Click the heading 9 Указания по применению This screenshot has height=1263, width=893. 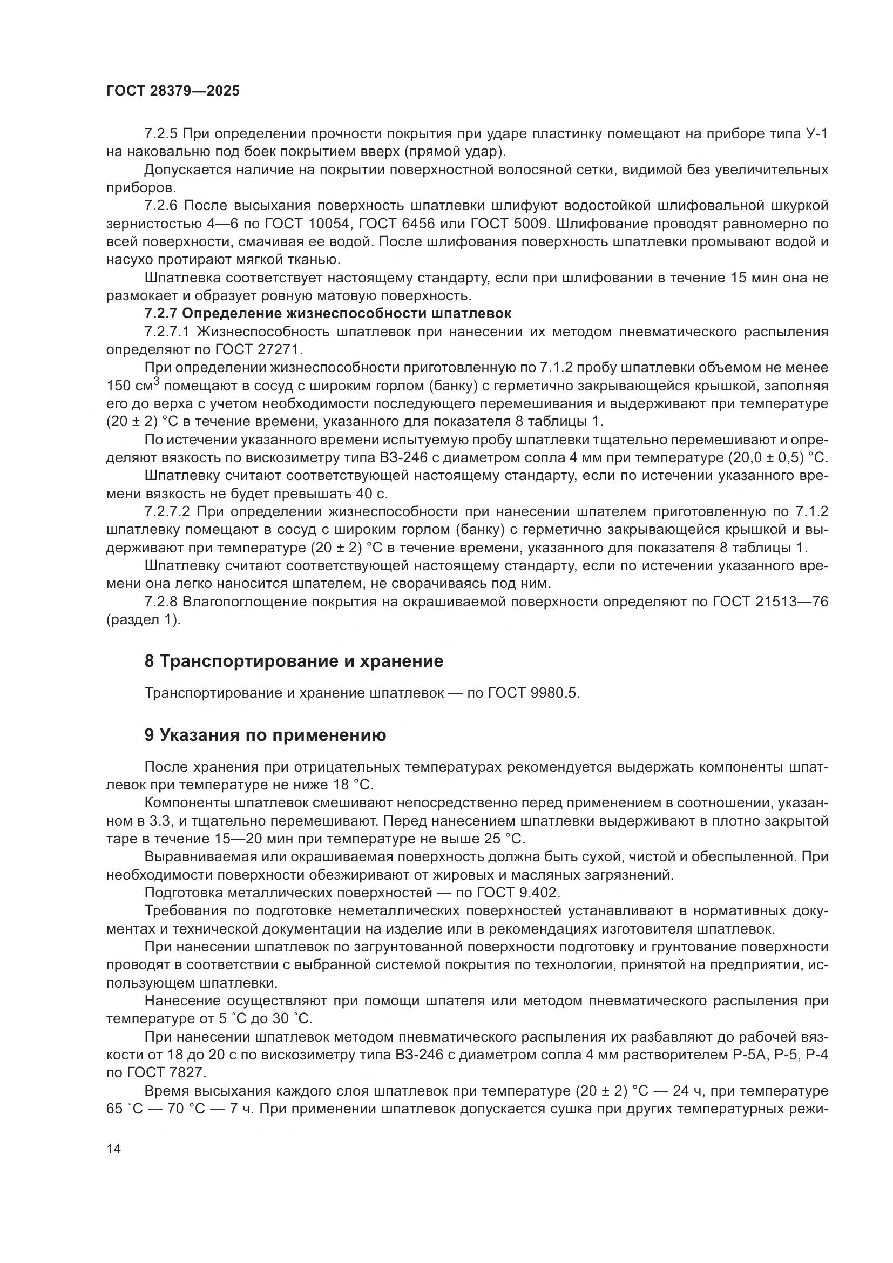[265, 735]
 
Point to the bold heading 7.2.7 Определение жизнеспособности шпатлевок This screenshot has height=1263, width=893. [328, 314]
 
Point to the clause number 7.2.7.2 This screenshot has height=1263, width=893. [167, 511]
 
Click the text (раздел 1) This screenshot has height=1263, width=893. [143, 620]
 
